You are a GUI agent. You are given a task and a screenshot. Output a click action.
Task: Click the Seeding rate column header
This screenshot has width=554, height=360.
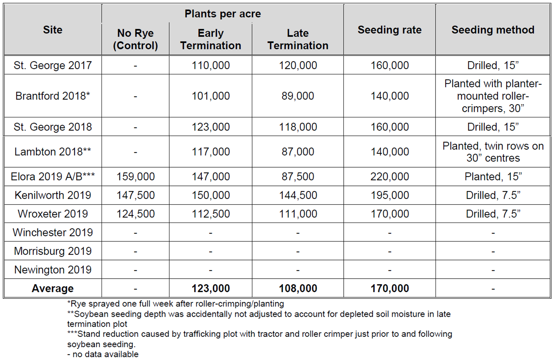click(389, 30)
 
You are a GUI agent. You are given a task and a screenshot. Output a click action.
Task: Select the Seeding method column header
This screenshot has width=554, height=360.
click(493, 30)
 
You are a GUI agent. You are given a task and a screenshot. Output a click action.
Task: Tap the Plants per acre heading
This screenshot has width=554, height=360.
click(222, 14)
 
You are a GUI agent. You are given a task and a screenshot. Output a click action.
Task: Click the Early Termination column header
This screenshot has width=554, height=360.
click(211, 39)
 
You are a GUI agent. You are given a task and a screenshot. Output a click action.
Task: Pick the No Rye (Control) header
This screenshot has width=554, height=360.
click(135, 39)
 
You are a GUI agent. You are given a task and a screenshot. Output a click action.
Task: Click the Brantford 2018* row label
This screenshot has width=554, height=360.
click(53, 96)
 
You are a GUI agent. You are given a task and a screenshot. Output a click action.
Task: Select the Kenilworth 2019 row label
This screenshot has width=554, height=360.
click(53, 195)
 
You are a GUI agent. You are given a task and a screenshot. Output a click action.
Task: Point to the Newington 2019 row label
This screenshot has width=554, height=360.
click(53, 270)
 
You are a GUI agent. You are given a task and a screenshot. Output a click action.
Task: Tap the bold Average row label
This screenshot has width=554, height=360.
click(53, 288)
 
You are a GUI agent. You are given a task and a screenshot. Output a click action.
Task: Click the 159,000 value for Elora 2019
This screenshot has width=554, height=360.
click(135, 177)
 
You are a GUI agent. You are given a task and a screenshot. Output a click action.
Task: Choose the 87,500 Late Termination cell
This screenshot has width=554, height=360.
click(298, 177)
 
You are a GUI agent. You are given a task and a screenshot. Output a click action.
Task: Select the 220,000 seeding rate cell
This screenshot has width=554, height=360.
click(389, 177)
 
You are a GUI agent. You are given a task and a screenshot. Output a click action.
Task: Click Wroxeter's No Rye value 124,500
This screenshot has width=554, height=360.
click(135, 214)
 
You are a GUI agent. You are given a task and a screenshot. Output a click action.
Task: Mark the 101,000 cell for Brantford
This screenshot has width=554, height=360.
click(211, 96)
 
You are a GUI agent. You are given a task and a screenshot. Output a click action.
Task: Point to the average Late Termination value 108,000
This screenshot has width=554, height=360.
click(298, 288)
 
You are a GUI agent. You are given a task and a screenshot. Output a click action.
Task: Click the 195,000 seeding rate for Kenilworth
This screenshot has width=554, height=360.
click(389, 195)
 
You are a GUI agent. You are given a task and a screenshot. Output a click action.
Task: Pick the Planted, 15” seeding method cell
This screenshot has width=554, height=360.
click(493, 177)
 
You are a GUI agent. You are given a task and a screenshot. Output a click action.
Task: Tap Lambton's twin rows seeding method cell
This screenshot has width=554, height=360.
click(493, 152)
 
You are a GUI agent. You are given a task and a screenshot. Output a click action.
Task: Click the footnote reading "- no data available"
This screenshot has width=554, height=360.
click(103, 354)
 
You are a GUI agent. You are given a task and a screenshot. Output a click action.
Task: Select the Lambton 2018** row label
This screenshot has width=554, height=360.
click(53, 152)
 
